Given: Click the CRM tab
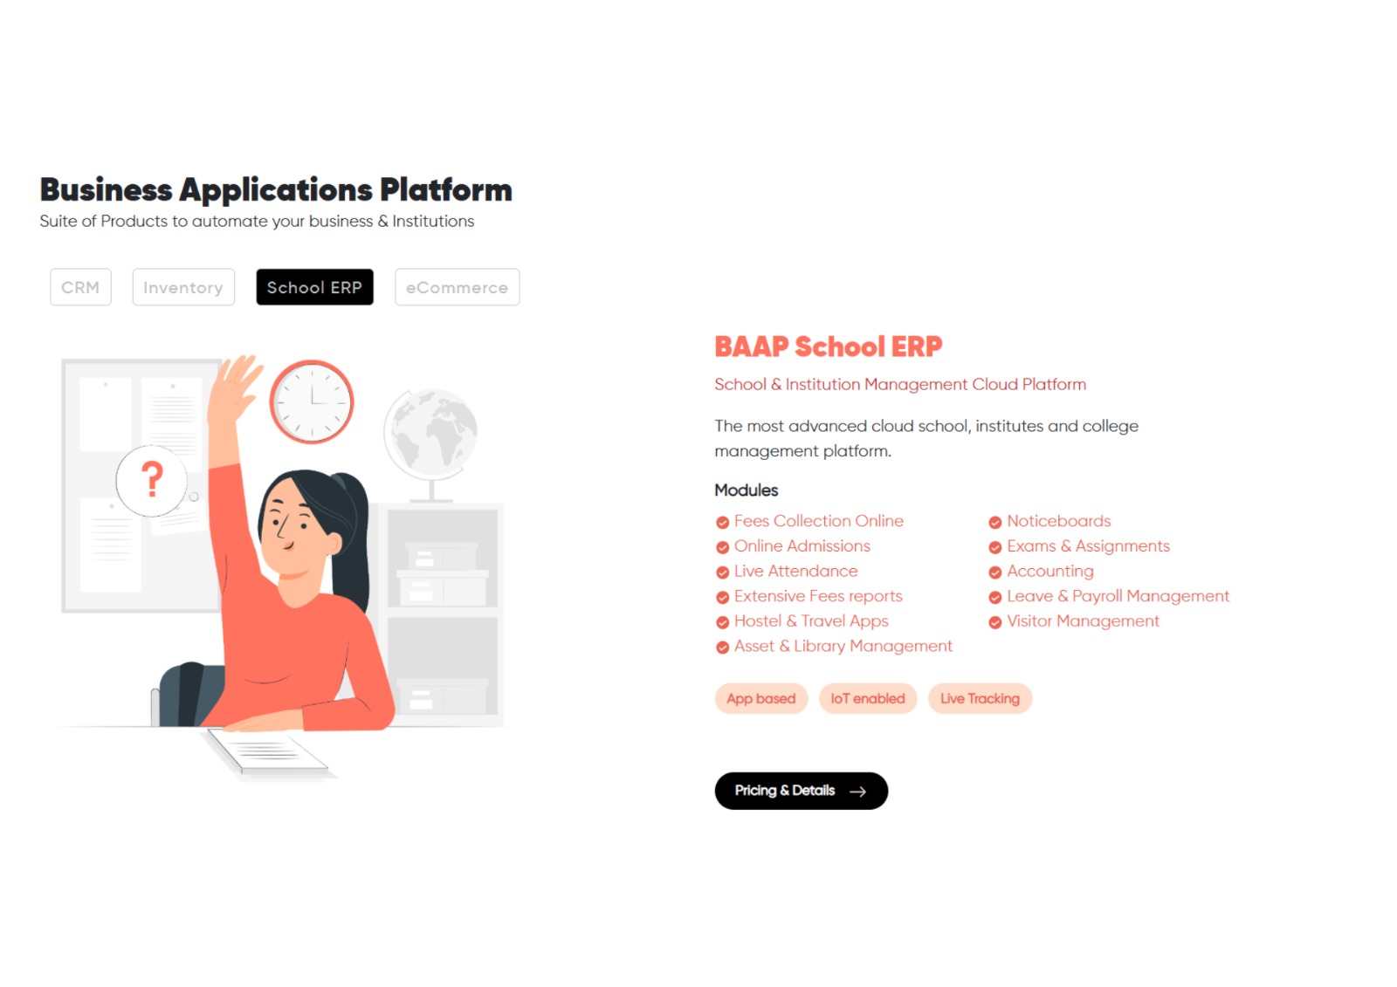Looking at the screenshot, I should pyautogui.click(x=80, y=287).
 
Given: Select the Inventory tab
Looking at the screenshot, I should pyautogui.click(x=183, y=287).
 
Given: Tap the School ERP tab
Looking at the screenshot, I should pyautogui.click(x=314, y=287).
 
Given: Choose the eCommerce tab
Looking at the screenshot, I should pyautogui.click(x=457, y=287).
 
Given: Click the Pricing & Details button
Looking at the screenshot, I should pyautogui.click(x=801, y=791).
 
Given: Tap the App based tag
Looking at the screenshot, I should pyautogui.click(x=760, y=698).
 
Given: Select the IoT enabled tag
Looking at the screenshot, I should pyautogui.click(x=867, y=698).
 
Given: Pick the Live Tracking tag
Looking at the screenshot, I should pyautogui.click(x=980, y=698).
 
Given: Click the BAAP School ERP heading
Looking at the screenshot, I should pyautogui.click(x=828, y=346).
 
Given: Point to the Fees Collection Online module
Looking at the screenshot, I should pyautogui.click(x=818, y=521).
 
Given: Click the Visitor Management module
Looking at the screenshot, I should pyautogui.click(x=1083, y=621).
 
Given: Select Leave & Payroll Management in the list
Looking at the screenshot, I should pyautogui.click(x=1118, y=596).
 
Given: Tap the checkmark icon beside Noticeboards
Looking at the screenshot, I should pyautogui.click(x=994, y=523).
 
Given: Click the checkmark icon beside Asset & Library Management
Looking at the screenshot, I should pyautogui.click(x=722, y=648).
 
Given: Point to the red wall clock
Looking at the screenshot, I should pyautogui.click(x=312, y=401).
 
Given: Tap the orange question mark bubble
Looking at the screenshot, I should pyautogui.click(x=152, y=480).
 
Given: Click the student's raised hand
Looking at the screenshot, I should pyautogui.click(x=234, y=380).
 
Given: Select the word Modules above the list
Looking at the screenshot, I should pyautogui.click(x=746, y=490).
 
